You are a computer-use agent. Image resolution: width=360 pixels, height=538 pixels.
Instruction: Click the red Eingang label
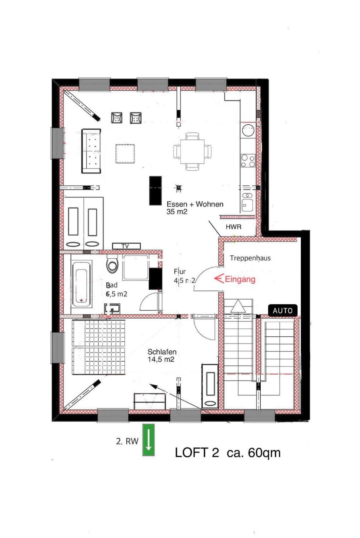coord(240,279)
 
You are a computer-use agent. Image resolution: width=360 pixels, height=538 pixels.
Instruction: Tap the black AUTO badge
coord(283,311)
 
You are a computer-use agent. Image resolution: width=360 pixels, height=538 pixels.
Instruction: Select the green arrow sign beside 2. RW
coord(148,440)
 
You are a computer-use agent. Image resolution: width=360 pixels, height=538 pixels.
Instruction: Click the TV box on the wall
coord(126,246)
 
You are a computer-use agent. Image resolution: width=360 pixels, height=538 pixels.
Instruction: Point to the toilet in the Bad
coord(112,265)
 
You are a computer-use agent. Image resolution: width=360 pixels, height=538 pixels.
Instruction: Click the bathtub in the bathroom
coord(81,284)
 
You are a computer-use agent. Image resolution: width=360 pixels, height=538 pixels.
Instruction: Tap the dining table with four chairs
coord(192,151)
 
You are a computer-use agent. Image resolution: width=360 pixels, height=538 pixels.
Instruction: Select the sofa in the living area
coord(91,151)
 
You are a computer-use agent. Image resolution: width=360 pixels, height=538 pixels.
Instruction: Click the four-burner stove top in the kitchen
coord(248,161)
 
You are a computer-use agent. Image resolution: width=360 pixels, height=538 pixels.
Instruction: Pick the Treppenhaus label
coord(250,258)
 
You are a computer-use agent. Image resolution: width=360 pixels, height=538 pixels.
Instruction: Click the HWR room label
coord(233,227)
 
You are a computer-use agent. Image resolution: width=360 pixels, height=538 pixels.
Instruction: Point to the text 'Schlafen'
coord(162,352)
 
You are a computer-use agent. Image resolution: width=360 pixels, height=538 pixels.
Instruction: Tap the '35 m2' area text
coord(177,212)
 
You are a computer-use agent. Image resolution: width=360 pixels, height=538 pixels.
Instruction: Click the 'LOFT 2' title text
coord(197,453)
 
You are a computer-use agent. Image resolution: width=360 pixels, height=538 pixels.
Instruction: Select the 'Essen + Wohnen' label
coord(195,204)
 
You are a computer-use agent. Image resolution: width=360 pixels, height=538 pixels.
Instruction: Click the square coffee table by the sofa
coord(125,154)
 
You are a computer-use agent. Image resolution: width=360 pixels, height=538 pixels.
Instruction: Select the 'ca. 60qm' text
coord(253,453)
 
